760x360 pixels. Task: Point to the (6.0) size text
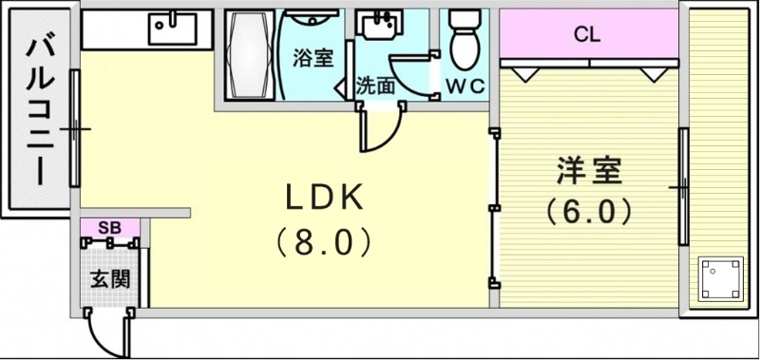point(589,211)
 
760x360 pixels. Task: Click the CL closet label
point(586,37)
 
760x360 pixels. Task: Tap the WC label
point(465,85)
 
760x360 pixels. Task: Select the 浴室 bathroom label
point(312,57)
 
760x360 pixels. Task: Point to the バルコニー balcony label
point(38,109)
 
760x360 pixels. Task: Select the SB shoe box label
point(108,227)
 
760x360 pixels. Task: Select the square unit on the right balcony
point(718,278)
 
